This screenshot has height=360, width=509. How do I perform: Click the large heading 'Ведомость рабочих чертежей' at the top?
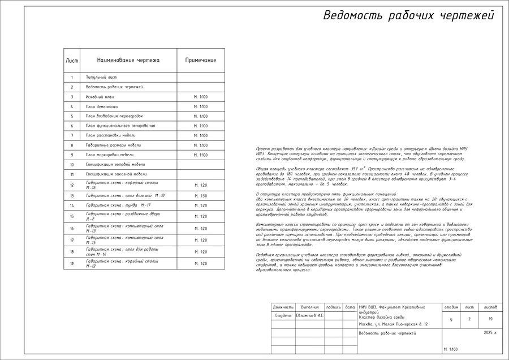click(408, 16)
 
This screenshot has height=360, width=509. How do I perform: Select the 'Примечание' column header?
click(200, 60)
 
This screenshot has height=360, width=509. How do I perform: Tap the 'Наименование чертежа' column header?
click(128, 60)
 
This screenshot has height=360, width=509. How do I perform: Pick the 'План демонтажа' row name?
click(102, 106)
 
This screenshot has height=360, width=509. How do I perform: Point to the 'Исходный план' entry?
click(100, 97)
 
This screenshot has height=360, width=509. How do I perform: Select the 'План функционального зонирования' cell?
click(120, 126)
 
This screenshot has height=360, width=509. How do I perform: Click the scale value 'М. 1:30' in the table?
click(200, 196)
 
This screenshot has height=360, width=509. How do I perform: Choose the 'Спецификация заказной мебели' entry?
click(116, 174)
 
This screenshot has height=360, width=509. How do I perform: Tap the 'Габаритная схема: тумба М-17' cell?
click(118, 205)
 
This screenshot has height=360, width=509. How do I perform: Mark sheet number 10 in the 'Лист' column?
click(72, 165)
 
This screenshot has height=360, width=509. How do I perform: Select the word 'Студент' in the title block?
click(283, 315)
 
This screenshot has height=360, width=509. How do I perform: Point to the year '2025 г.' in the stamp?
click(490, 333)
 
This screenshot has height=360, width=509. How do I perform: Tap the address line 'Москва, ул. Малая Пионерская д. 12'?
click(393, 324)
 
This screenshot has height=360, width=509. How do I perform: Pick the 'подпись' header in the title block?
click(334, 307)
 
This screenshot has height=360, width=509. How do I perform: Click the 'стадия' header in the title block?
click(451, 307)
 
